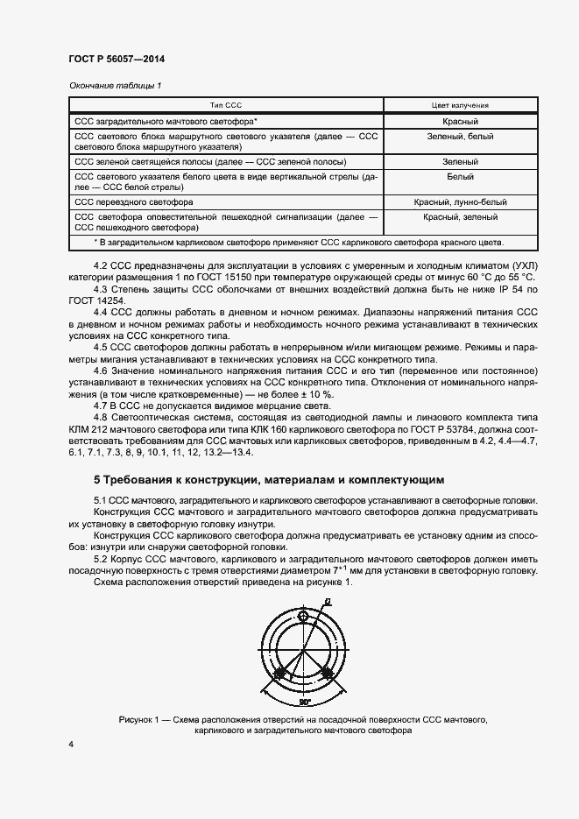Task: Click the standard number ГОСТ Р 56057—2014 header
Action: coord(117,60)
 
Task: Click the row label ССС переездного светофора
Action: coord(134,201)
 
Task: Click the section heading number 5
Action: coord(97,480)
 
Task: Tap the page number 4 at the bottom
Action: coord(71,744)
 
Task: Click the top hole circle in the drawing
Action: coord(303,617)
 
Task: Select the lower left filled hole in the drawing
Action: coord(280,674)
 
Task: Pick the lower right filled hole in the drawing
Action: coord(326,674)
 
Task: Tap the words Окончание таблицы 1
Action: coord(115,85)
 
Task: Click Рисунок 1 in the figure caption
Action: coord(142,718)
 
